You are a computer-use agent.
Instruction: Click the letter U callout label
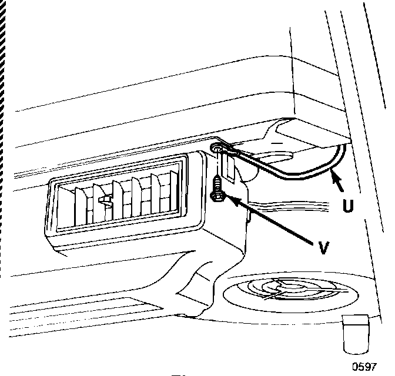click(x=348, y=207)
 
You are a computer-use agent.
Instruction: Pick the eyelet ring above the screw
click(x=217, y=148)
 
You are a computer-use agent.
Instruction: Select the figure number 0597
click(x=364, y=367)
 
